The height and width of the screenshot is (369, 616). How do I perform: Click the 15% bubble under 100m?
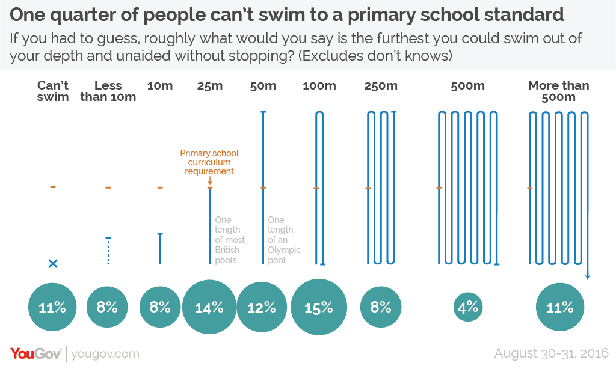click(x=319, y=307)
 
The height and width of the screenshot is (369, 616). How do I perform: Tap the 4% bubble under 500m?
click(x=467, y=307)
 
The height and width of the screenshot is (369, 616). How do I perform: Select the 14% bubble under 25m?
click(x=210, y=307)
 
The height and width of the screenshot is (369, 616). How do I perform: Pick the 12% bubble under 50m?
click(x=262, y=307)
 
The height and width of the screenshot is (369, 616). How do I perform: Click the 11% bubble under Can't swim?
click(x=52, y=307)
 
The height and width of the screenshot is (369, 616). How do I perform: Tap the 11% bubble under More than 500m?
click(x=560, y=307)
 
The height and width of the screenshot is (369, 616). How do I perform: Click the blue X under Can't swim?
click(x=53, y=263)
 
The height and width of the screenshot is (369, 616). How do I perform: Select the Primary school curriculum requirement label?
click(x=209, y=162)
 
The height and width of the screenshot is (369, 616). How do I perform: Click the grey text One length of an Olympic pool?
click(x=284, y=240)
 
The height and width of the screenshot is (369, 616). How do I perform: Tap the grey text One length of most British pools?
click(x=230, y=240)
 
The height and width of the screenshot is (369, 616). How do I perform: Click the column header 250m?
click(x=381, y=85)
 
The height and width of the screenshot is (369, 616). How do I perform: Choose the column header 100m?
click(x=319, y=85)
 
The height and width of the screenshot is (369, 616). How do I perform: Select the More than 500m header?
click(x=559, y=91)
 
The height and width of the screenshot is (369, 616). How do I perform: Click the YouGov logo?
click(x=35, y=353)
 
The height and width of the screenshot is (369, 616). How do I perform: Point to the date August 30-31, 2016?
click(x=551, y=353)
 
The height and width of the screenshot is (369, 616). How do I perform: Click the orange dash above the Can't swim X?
click(x=53, y=187)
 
